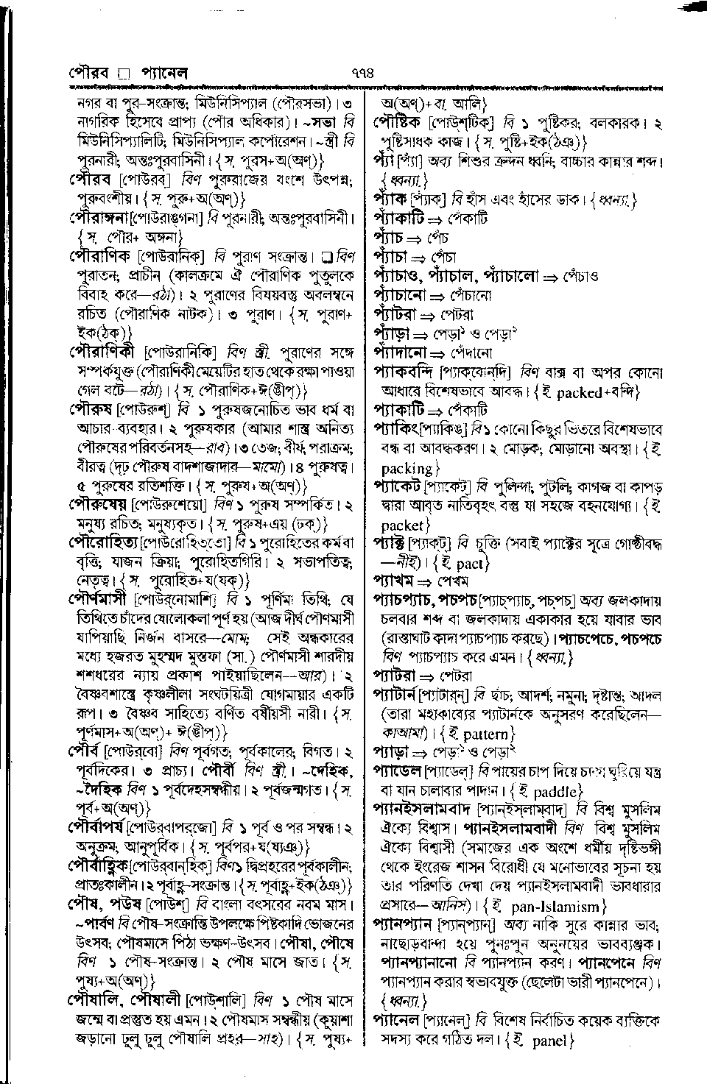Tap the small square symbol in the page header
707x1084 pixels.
[x=124, y=74]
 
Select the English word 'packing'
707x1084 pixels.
[x=407, y=467]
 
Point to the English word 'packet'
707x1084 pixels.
[x=404, y=525]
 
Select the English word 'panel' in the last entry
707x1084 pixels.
[x=549, y=1041]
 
